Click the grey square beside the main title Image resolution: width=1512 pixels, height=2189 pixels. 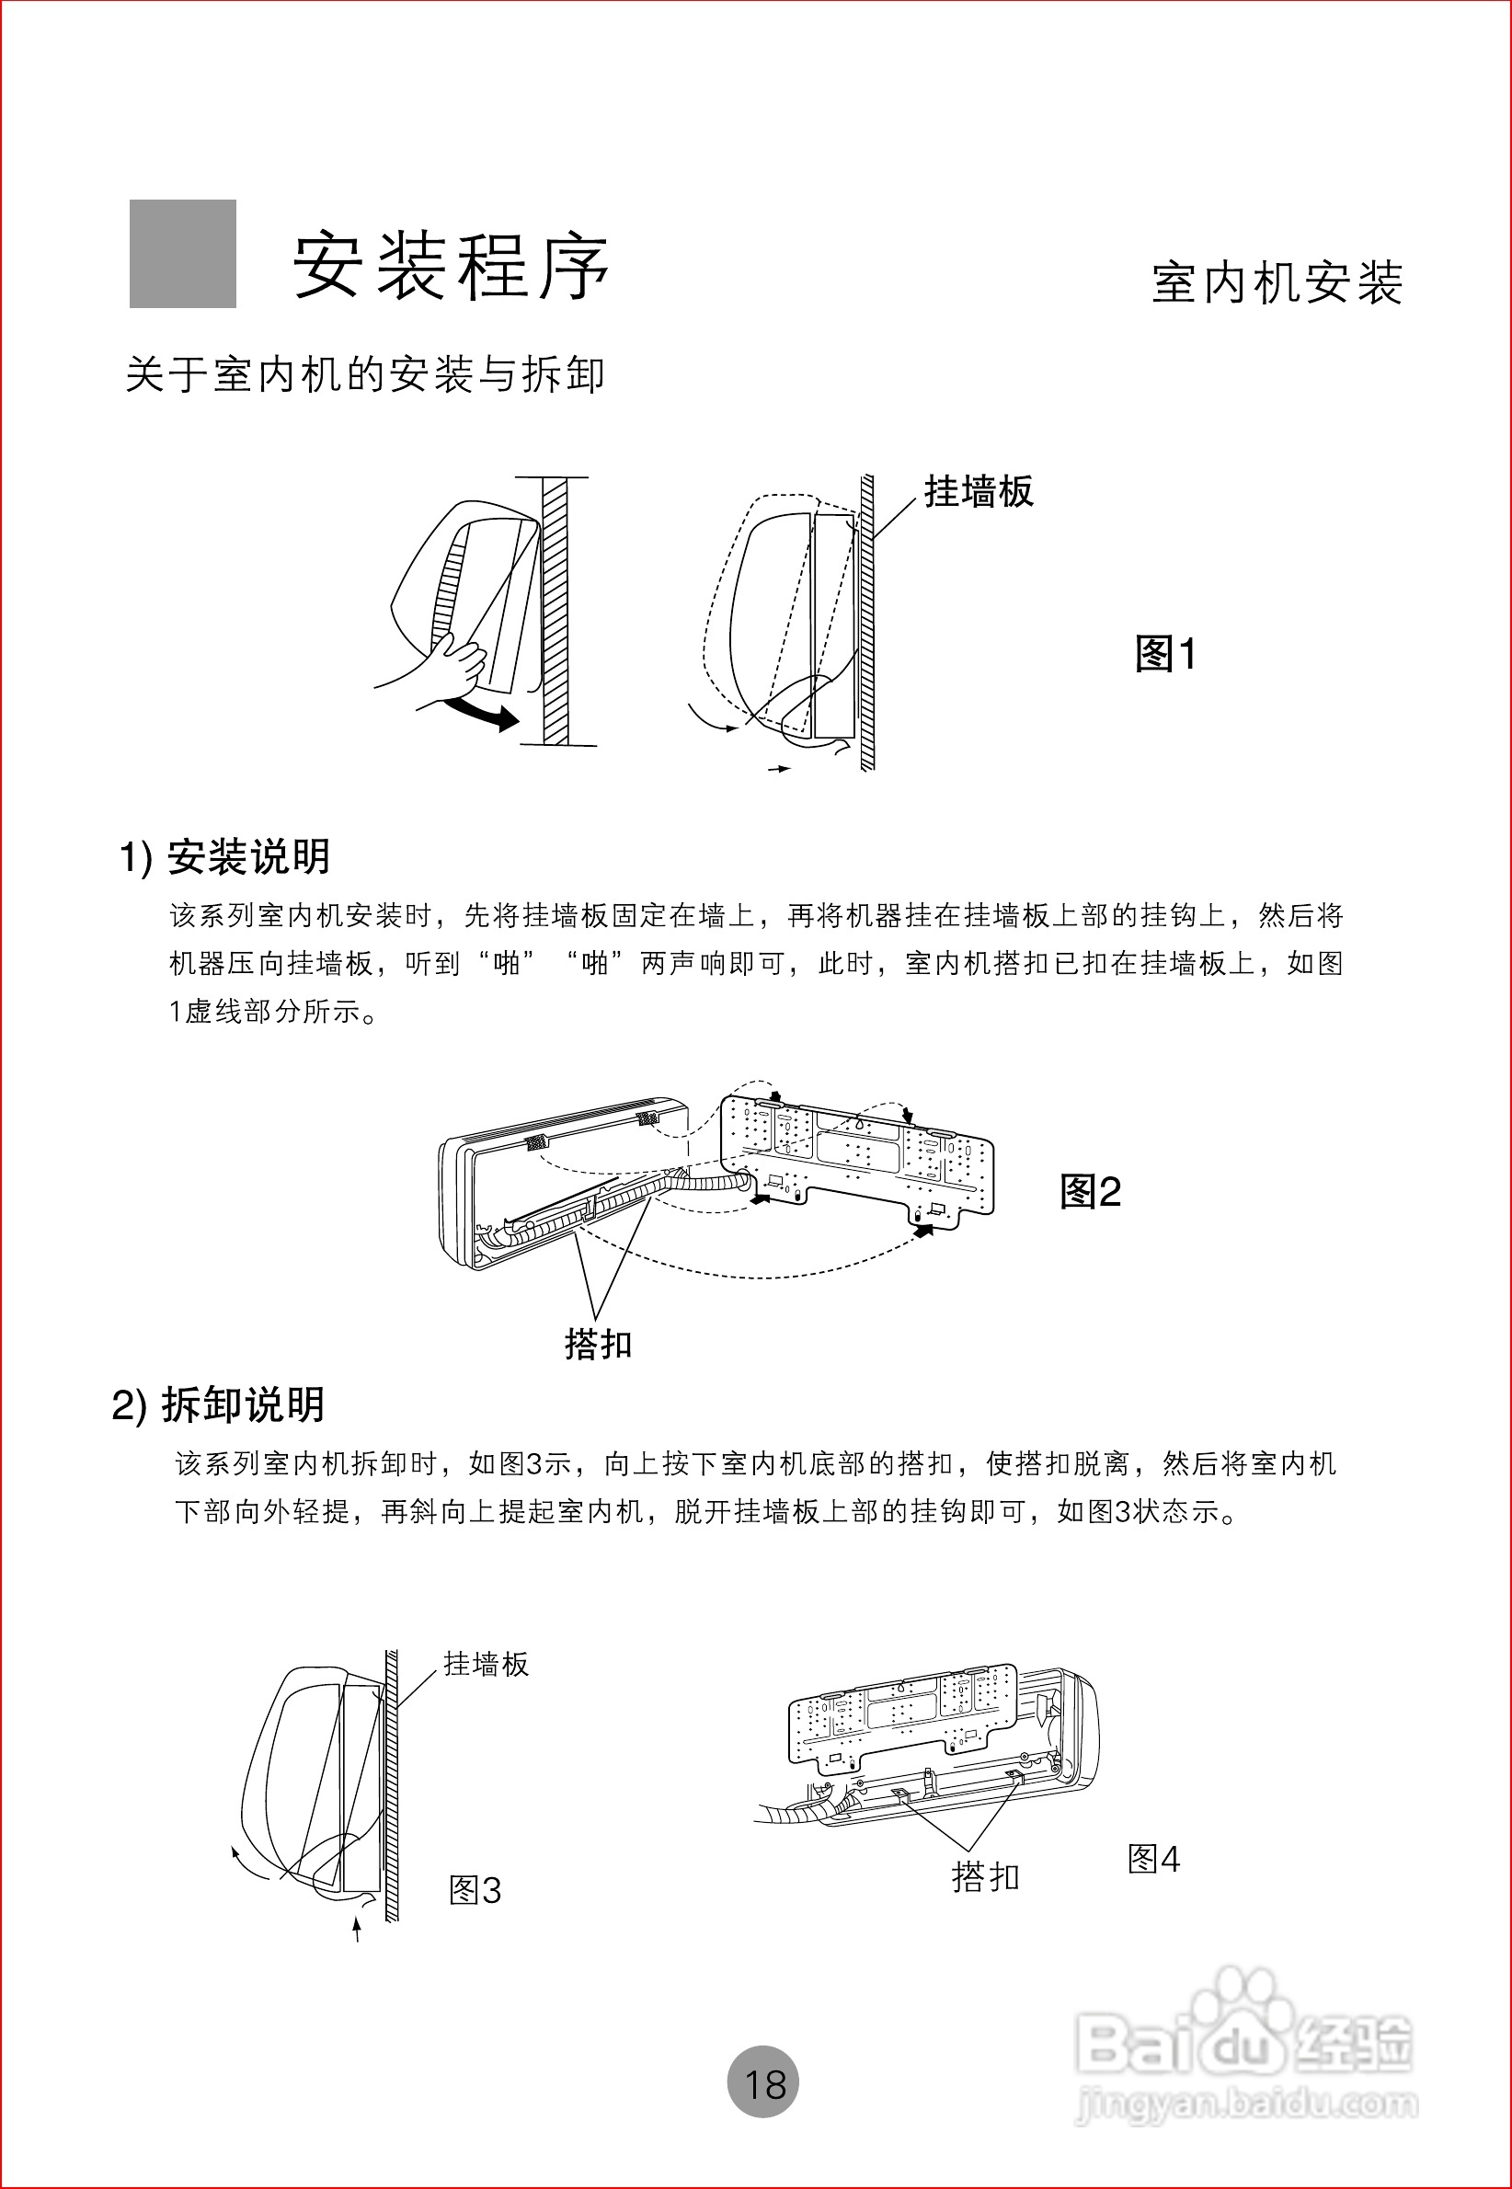click(183, 254)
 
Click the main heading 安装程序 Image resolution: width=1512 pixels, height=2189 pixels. click(451, 267)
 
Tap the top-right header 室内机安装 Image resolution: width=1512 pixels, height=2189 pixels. click(1277, 283)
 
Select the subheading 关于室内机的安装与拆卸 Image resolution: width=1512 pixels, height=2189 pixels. click(365, 375)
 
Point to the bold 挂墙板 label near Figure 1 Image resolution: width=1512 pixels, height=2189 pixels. click(979, 491)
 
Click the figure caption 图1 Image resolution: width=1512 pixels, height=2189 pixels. click(1165, 654)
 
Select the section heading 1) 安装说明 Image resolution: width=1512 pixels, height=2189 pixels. click(224, 857)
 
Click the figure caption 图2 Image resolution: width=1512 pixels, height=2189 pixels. click(1090, 1192)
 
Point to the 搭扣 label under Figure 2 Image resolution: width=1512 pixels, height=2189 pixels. click(598, 1344)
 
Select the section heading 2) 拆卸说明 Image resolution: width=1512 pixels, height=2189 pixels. click(219, 1404)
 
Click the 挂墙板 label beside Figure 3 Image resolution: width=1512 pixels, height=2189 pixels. click(486, 1664)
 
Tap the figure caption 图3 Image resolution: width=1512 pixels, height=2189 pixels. click(475, 1891)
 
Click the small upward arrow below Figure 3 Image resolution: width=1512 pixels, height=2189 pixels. click(357, 1929)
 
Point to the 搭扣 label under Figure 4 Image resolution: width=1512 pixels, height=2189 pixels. click(985, 1876)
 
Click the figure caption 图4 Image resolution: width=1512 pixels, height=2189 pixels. click(1153, 1860)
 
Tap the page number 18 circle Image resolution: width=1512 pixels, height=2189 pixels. click(763, 2083)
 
